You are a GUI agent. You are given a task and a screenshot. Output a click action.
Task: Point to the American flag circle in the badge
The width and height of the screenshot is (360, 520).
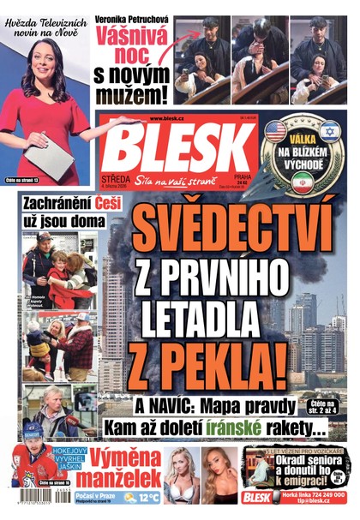[275, 131]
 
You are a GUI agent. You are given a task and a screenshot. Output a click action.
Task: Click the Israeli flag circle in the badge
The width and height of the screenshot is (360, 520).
[330, 131]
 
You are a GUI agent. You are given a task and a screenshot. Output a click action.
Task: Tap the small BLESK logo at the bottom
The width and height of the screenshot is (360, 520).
[256, 497]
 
